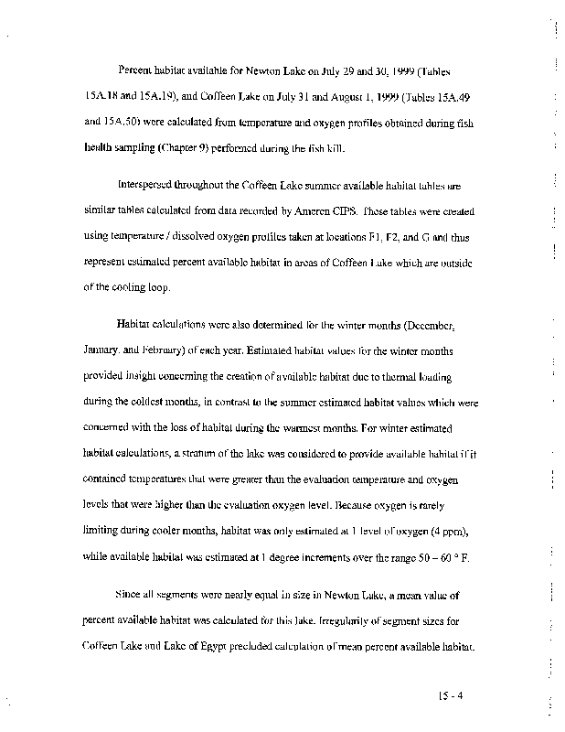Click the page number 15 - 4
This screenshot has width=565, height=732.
coord(452,694)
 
